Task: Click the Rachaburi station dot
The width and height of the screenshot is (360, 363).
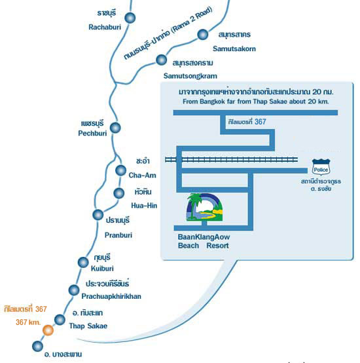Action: coord(130,18)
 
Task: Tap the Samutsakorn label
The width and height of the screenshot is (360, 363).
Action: coord(234,48)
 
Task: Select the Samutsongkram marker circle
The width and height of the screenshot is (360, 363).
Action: coord(161,60)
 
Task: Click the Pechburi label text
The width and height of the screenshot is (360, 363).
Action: coord(92,134)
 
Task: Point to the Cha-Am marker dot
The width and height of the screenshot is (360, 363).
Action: coord(120,170)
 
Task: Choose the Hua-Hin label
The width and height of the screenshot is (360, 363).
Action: coord(144,206)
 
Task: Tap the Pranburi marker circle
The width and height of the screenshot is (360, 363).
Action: coord(98,215)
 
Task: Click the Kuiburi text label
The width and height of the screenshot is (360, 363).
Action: coord(102,269)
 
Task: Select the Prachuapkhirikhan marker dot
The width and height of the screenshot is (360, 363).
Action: coord(74,290)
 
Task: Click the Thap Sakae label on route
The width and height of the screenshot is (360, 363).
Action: coord(88,326)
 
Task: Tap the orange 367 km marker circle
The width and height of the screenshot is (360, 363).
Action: coord(48,330)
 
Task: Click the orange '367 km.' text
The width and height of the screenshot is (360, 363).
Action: coord(28,322)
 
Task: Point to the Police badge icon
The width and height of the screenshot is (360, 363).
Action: coord(321,167)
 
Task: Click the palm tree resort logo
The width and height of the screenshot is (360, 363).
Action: coord(204,207)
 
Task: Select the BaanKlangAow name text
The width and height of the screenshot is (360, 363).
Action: coord(204,237)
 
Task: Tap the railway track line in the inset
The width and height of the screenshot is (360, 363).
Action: coord(231,159)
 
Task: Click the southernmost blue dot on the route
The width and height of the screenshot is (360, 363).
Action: coord(37,347)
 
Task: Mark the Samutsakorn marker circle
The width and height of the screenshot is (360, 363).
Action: coord(202,35)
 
